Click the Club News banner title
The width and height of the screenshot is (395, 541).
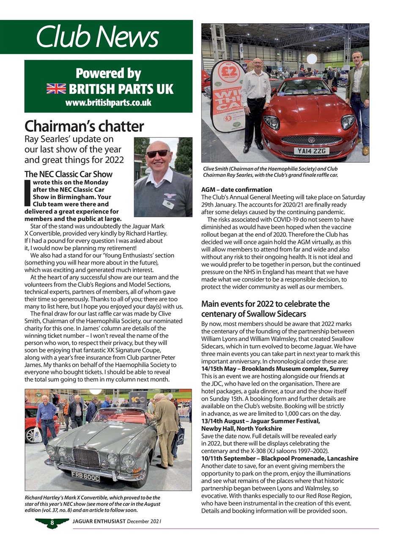point(97,37)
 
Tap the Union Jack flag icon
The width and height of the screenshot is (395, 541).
point(56,89)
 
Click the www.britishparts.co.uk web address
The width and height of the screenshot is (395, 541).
point(108,103)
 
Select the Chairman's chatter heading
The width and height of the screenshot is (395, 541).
point(84,126)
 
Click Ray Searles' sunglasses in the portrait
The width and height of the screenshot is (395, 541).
point(157,154)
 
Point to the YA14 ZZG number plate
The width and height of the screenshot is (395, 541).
point(312,150)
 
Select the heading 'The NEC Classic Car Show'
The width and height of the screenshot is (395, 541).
point(68,174)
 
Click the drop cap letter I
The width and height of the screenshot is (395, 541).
point(28,193)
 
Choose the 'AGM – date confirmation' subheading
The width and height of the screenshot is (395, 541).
point(236,189)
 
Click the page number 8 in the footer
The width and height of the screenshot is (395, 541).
point(52,522)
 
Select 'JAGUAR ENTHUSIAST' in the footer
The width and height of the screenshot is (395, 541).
point(99,521)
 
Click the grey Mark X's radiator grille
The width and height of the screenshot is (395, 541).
point(86,457)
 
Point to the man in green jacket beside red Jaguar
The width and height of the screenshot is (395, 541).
point(358,97)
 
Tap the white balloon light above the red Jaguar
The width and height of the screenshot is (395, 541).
point(312,59)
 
